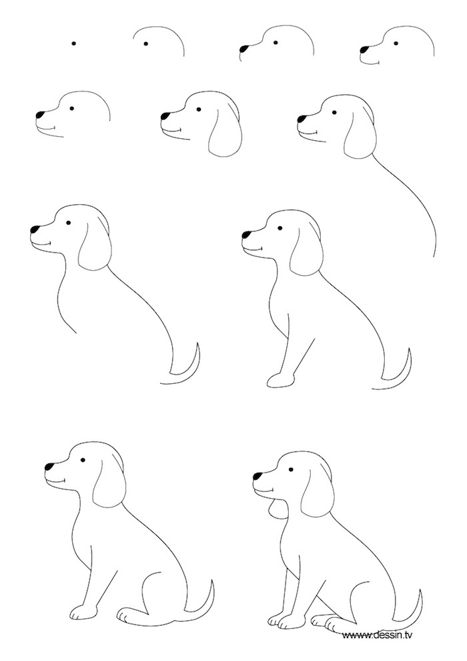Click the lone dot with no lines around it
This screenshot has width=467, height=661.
pos(74,44)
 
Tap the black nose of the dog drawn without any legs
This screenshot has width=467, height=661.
pos(35,230)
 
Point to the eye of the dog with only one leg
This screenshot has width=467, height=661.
pos(280,230)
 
